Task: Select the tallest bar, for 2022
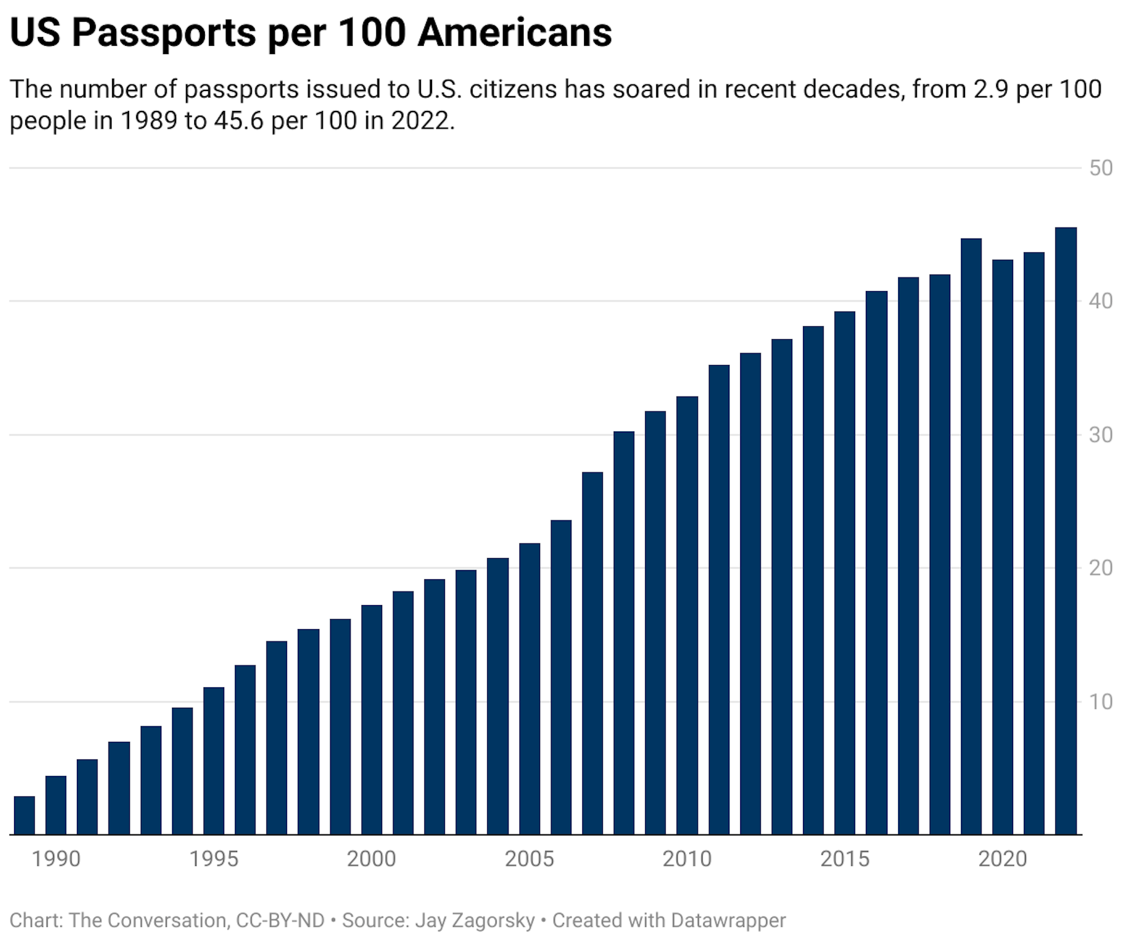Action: pyautogui.click(x=1066, y=531)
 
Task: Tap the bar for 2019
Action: pyautogui.click(x=971, y=536)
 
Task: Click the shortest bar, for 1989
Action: pyautogui.click(x=24, y=815)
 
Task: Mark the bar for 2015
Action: pyautogui.click(x=845, y=573)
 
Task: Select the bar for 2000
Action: pyautogui.click(x=372, y=720)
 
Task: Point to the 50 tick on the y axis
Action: pyautogui.click(x=1101, y=168)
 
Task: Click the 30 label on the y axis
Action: pyautogui.click(x=1101, y=435)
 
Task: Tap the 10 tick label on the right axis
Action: pyautogui.click(x=1101, y=702)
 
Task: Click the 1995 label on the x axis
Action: pyautogui.click(x=214, y=859)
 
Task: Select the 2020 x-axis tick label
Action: pyautogui.click(x=1002, y=859)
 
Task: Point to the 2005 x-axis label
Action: pyautogui.click(x=529, y=859)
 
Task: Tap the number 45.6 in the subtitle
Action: pyautogui.click(x=238, y=121)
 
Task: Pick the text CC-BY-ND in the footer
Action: pyautogui.click(x=280, y=920)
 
